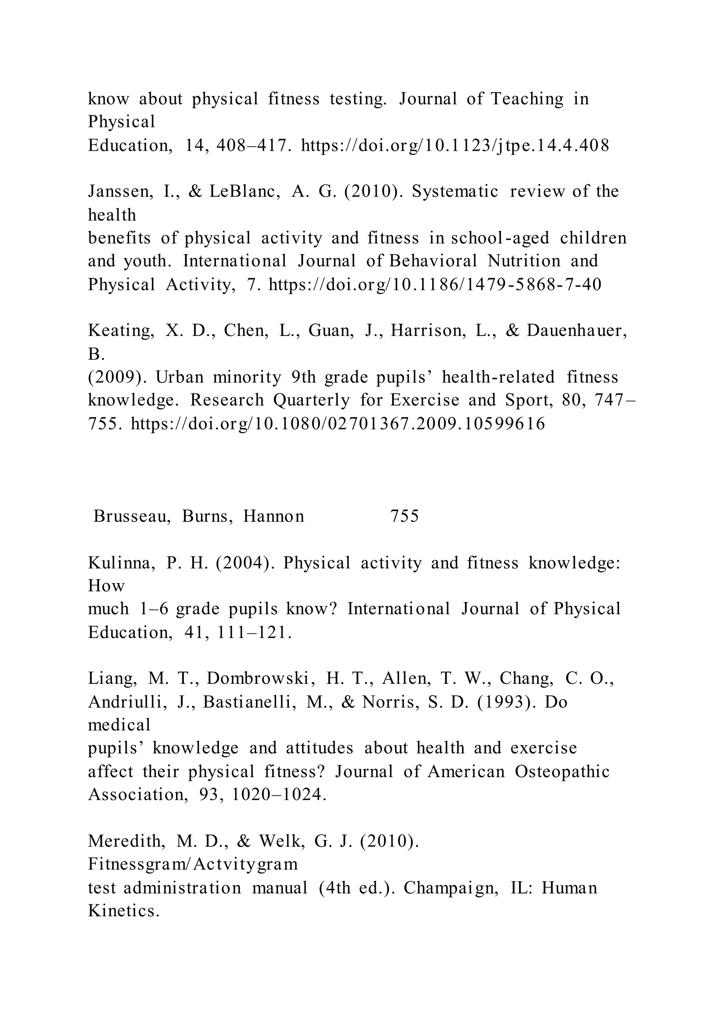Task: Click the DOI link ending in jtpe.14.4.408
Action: tap(455, 145)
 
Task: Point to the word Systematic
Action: tap(455, 191)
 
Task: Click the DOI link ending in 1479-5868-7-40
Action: tap(435, 284)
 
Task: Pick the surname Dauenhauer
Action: tap(576, 331)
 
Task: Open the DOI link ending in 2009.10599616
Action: tap(338, 423)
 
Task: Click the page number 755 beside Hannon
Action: tap(404, 516)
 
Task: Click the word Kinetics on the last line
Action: tap(123, 911)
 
